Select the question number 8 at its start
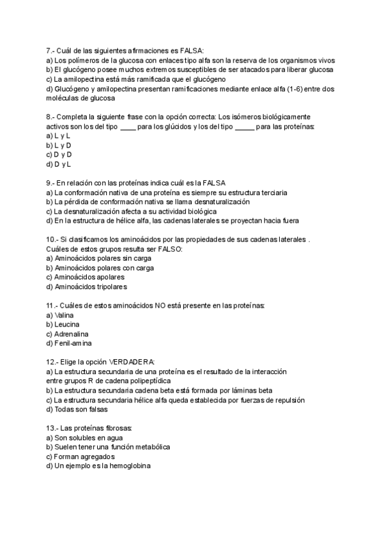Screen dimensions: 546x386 point(50,117)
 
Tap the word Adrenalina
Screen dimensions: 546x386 point(72,334)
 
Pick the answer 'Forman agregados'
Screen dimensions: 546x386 point(84,457)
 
